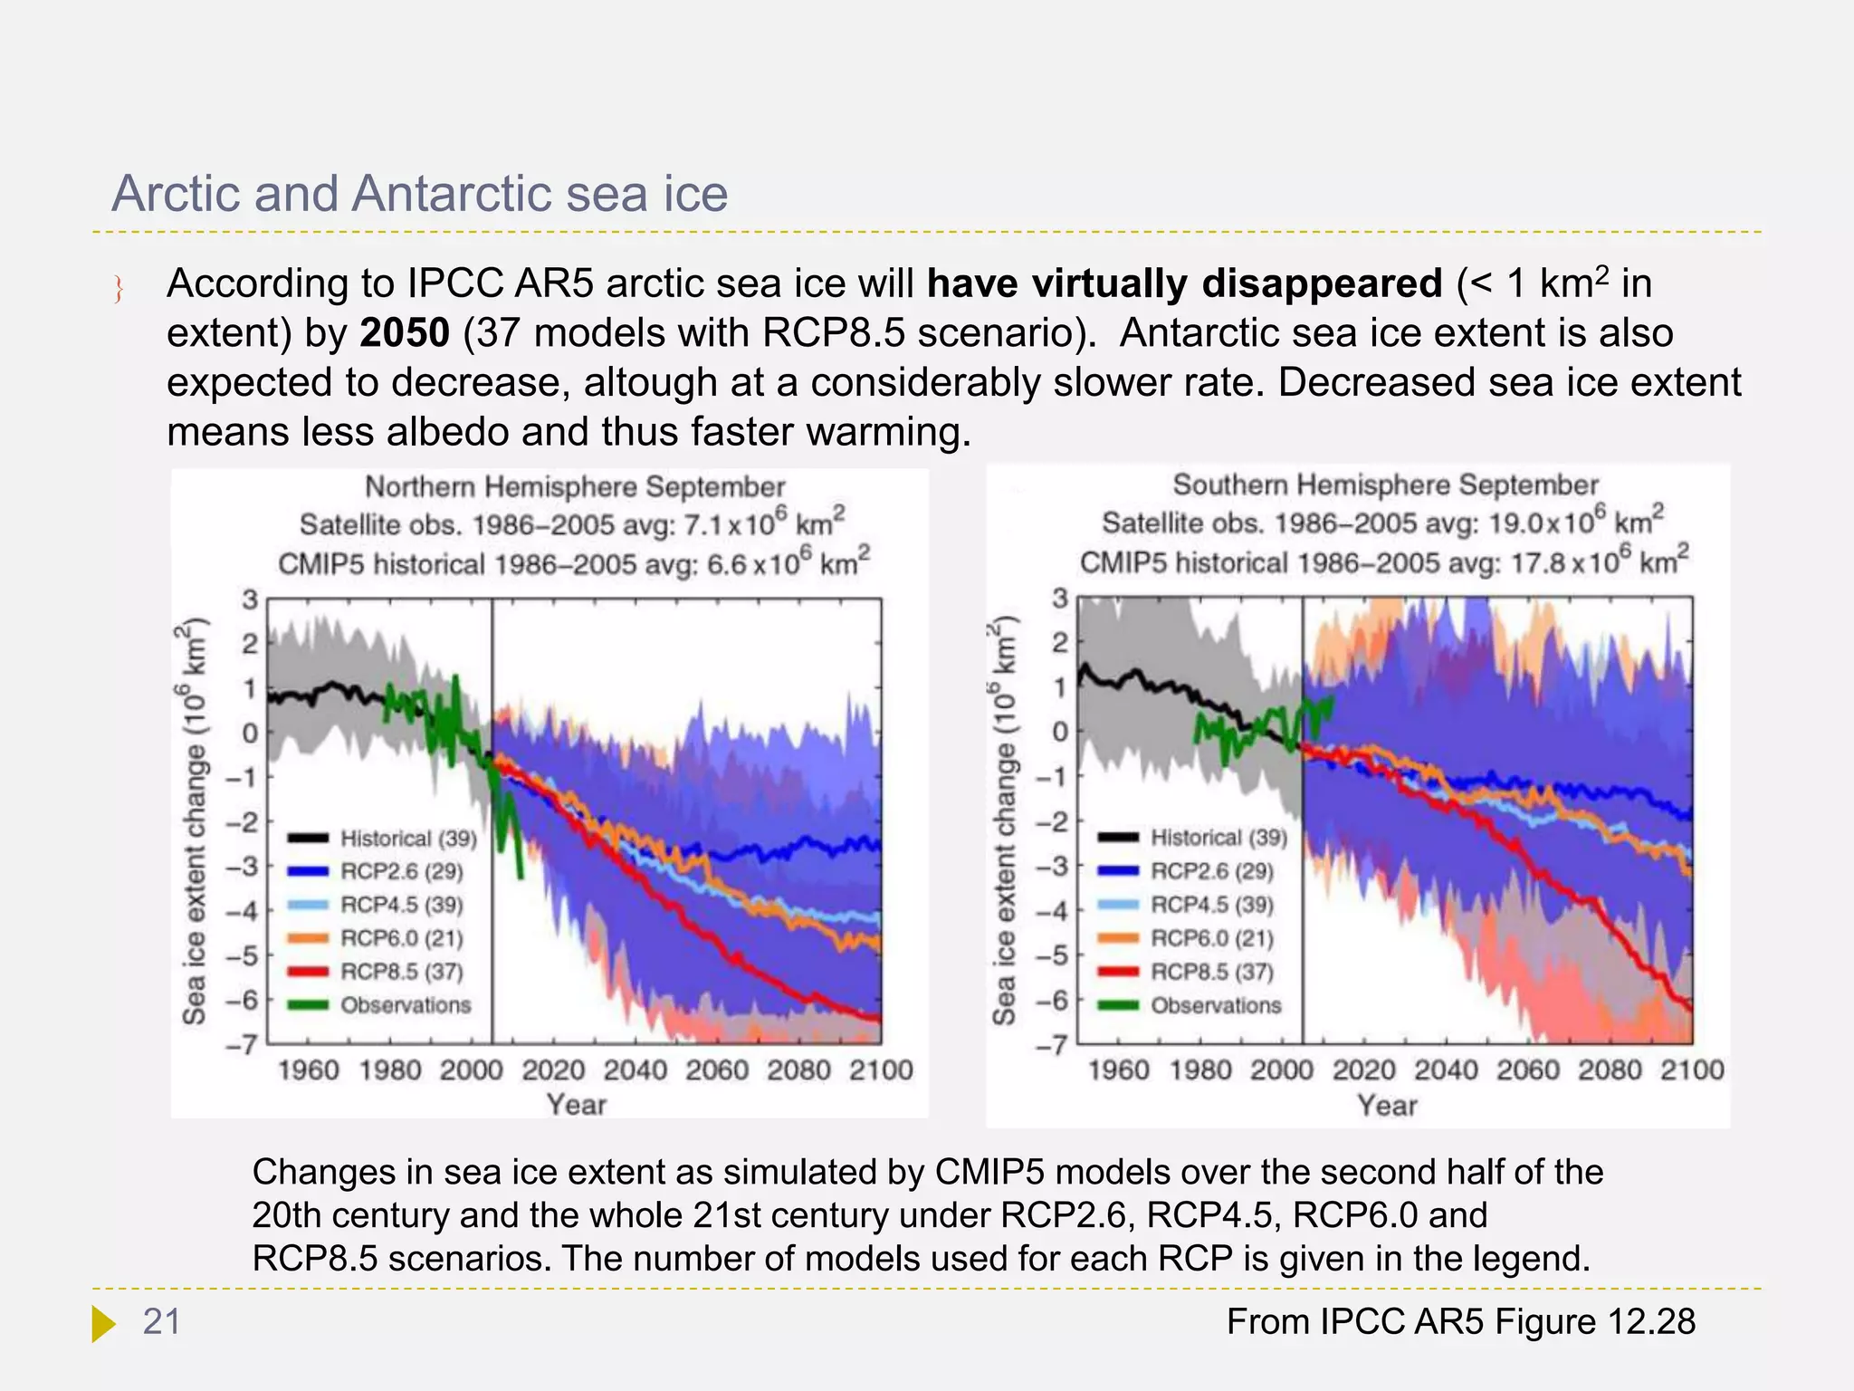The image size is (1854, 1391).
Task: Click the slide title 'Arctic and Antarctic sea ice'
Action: [x=419, y=194]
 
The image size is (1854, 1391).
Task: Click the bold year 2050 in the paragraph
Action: [x=404, y=333]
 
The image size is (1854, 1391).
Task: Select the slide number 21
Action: [x=162, y=1322]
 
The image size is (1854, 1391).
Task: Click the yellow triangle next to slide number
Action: [x=103, y=1323]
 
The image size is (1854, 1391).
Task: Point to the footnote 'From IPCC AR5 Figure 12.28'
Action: [x=1460, y=1322]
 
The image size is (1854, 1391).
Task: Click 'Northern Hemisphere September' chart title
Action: [x=575, y=487]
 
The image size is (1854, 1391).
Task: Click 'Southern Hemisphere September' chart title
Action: [x=1385, y=485]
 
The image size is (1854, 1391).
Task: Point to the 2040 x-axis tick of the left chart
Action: [x=635, y=1070]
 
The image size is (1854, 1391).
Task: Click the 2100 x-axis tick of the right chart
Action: [x=1691, y=1070]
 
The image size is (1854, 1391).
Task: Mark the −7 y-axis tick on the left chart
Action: [x=242, y=1046]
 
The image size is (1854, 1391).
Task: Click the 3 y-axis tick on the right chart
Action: [x=1060, y=599]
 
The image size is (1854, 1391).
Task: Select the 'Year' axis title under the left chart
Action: [x=576, y=1105]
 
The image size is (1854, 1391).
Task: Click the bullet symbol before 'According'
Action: [x=119, y=289]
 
